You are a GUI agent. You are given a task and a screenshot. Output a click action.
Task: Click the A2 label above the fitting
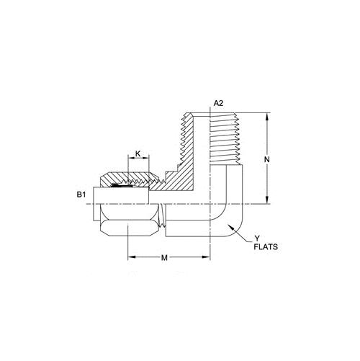point(218,103)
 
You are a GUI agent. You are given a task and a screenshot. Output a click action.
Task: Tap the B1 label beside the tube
point(81,195)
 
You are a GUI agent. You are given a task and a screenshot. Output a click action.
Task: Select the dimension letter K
point(138,153)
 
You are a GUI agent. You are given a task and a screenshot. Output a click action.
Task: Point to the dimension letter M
point(164,258)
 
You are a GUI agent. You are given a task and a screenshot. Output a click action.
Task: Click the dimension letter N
point(267,159)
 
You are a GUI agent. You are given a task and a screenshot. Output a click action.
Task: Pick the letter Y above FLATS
point(257,239)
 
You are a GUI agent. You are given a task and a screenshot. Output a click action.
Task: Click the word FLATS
point(266,247)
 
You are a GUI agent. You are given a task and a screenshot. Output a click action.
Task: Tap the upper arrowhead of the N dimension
point(267,117)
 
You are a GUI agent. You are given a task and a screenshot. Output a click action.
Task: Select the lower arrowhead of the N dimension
point(267,200)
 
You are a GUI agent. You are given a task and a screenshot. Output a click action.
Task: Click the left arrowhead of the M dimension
point(132,257)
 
